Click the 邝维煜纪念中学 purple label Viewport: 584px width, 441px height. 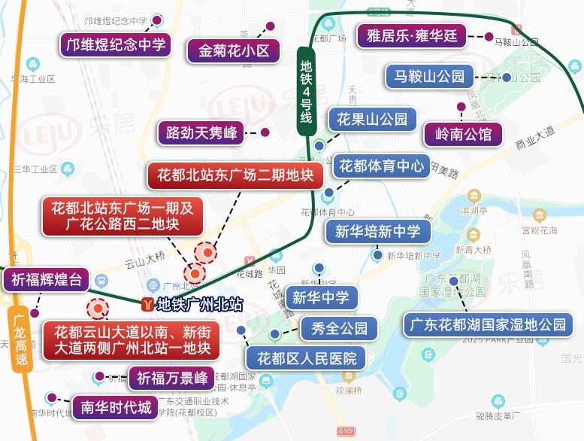pyautogui.click(x=116, y=44)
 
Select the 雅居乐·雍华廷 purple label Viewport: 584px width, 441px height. pyautogui.click(x=412, y=35)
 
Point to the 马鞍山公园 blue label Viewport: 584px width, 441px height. pyautogui.click(x=430, y=75)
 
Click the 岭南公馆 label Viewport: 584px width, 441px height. pyautogui.click(x=463, y=135)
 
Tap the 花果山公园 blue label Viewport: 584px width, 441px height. pyautogui.click(x=372, y=119)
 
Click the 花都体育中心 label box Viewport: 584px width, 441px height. pyautogui.click(x=382, y=166)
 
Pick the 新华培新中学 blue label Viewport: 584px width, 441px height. pyautogui.click(x=378, y=231)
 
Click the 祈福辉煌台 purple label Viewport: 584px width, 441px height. pyautogui.click(x=47, y=280)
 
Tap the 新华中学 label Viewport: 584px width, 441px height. pyautogui.click(x=321, y=297)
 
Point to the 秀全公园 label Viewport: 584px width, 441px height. pyautogui.click(x=339, y=328)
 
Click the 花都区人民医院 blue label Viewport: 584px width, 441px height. pyautogui.click(x=306, y=357)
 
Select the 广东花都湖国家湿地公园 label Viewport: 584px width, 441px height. pyautogui.click(x=489, y=325)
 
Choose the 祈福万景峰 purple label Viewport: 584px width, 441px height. pyautogui.click(x=172, y=378)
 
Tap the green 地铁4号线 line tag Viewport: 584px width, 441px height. pyautogui.click(x=306, y=90)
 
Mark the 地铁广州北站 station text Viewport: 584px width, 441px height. pyautogui.click(x=199, y=305)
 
